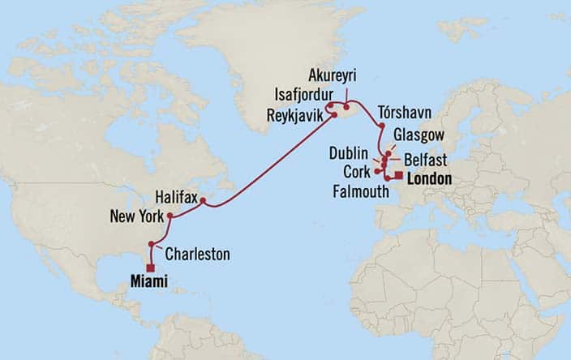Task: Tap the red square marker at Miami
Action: [x=151, y=267]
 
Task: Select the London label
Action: [x=429, y=179]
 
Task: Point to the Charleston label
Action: [x=197, y=255]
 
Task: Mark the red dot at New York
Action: [x=170, y=216]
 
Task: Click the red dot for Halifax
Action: [x=204, y=199]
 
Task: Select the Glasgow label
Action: [x=417, y=135]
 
